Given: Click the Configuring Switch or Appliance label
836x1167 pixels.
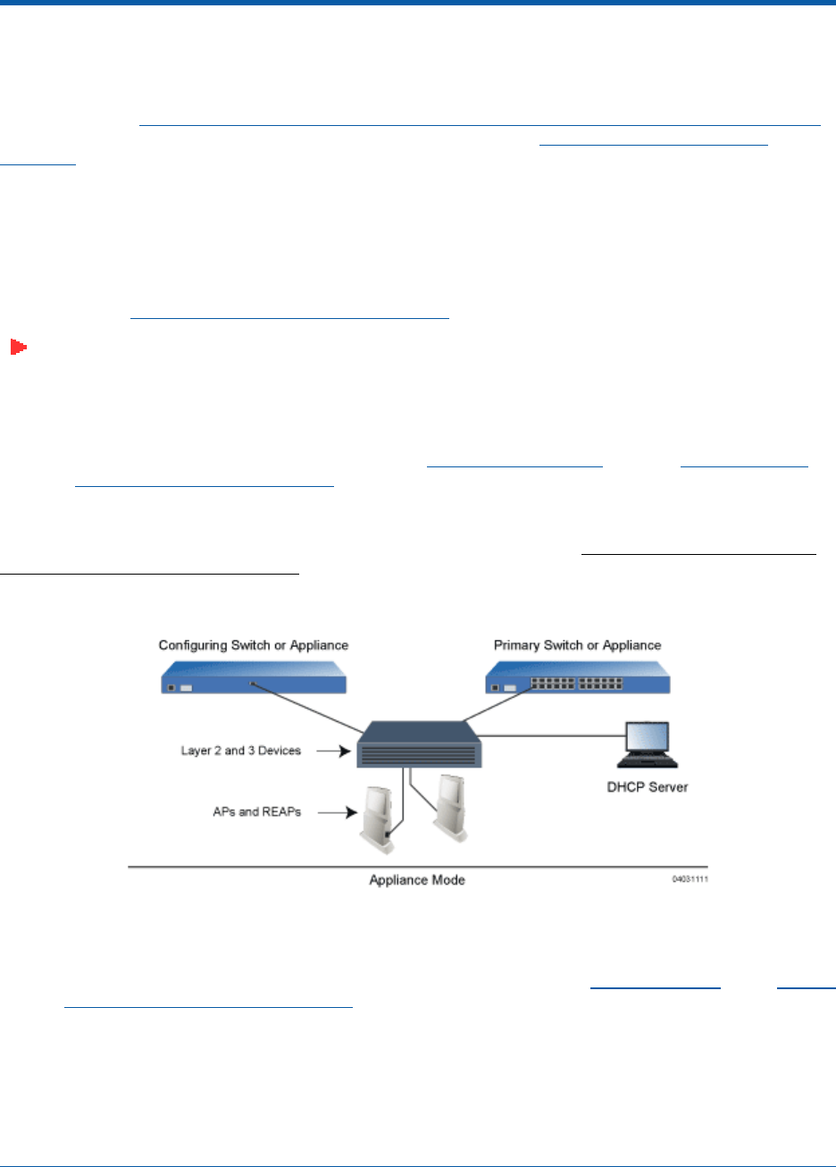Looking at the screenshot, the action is (254, 645).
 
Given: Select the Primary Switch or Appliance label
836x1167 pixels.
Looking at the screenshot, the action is (577, 645).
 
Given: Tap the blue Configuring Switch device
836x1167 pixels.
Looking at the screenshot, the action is (254, 678).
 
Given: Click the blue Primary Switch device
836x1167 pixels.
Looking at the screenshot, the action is (577, 678).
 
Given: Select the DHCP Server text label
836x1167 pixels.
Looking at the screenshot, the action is (648, 787).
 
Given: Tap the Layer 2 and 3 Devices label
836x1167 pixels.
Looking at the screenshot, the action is (240, 751).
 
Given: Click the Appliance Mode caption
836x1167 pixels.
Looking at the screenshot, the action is (417, 880).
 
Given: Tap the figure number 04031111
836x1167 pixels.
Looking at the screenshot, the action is (690, 880).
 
